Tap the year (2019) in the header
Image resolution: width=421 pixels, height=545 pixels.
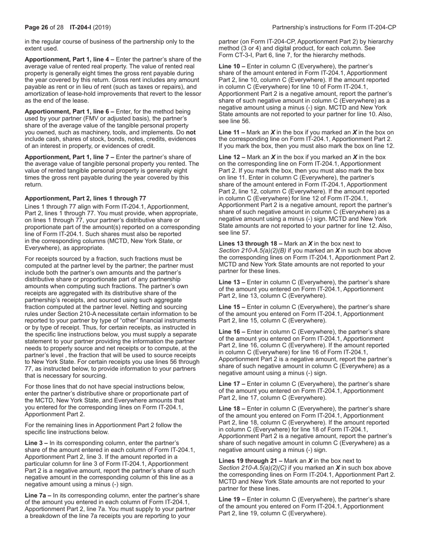102,27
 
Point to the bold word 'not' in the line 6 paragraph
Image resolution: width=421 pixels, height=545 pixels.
191,132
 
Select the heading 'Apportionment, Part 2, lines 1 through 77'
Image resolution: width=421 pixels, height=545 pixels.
85,198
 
